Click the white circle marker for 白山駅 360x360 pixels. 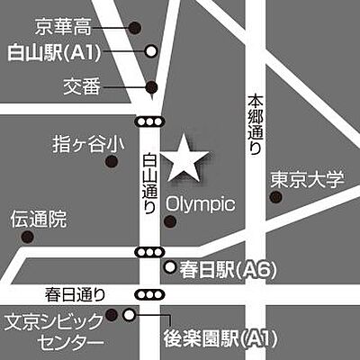tap(152, 51)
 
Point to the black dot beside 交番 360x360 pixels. tap(151, 87)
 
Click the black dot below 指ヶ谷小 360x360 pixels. tap(112, 162)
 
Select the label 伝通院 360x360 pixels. tap(38, 217)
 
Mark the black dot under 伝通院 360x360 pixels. tap(27, 238)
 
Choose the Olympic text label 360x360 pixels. tap(201, 205)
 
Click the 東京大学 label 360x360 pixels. tap(306, 179)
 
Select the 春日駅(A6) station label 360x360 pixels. tap(225, 268)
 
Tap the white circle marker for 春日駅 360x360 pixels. tap(170, 267)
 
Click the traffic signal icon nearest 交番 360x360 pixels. tap(149, 121)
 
